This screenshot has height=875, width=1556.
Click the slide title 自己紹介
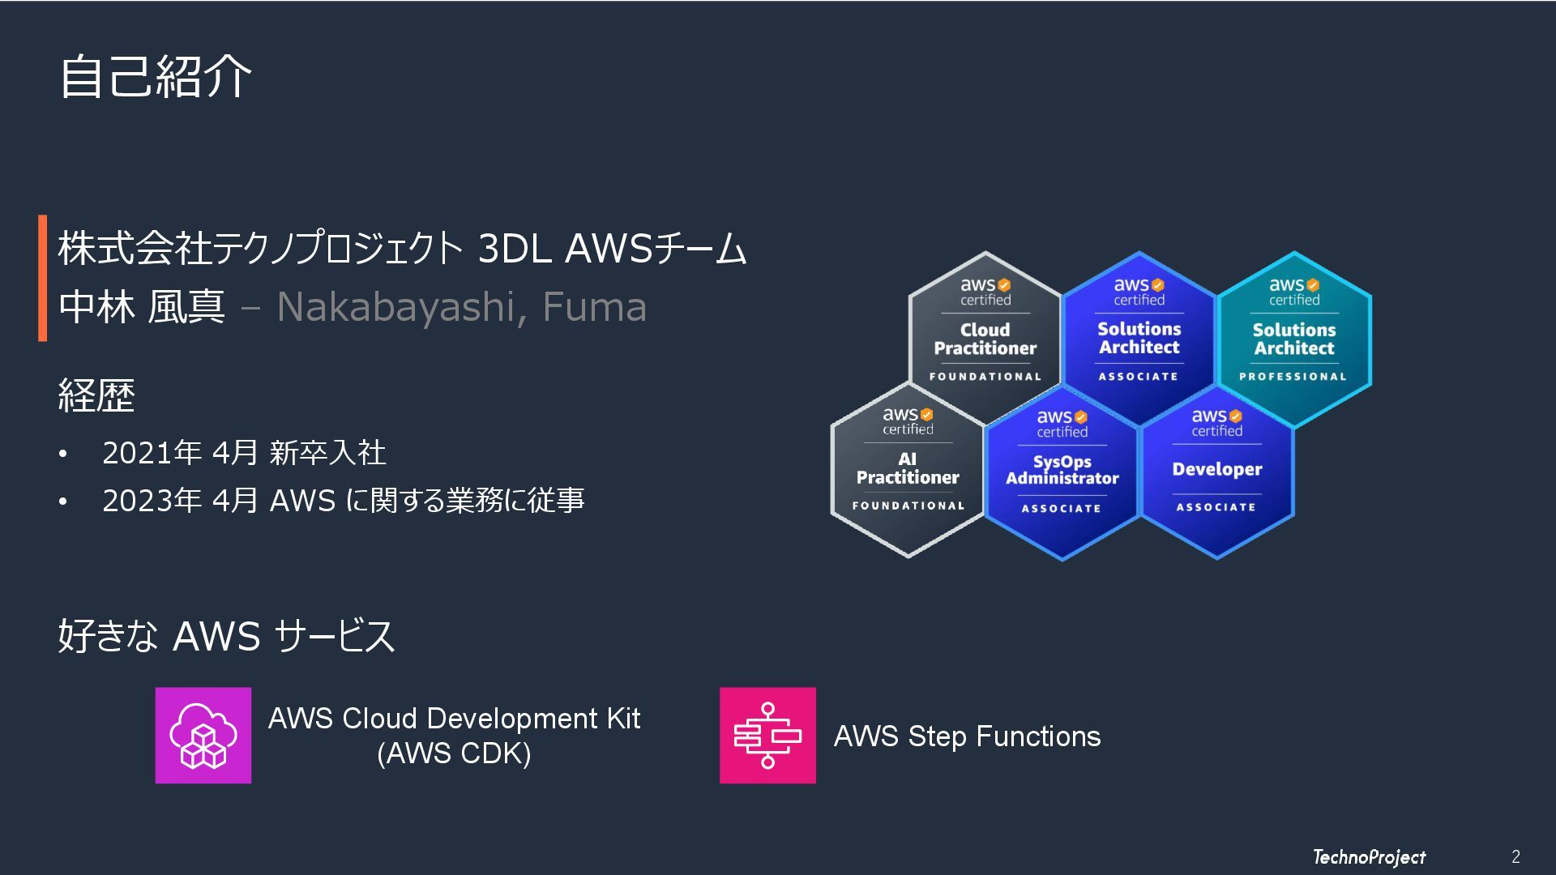point(156,77)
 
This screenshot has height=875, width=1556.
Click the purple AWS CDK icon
point(203,736)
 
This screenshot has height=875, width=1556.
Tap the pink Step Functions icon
point(767,736)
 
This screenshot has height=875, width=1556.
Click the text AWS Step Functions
point(967,736)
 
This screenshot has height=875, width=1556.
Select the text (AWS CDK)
point(454,753)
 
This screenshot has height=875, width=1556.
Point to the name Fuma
point(594,307)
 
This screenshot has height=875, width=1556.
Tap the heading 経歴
point(96,396)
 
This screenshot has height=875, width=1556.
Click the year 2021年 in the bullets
point(152,453)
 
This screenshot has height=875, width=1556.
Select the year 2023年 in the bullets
point(152,501)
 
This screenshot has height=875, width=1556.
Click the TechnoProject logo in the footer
point(1369,857)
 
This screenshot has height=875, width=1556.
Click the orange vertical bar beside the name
point(42,278)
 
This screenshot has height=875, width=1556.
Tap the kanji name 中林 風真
point(142,307)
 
